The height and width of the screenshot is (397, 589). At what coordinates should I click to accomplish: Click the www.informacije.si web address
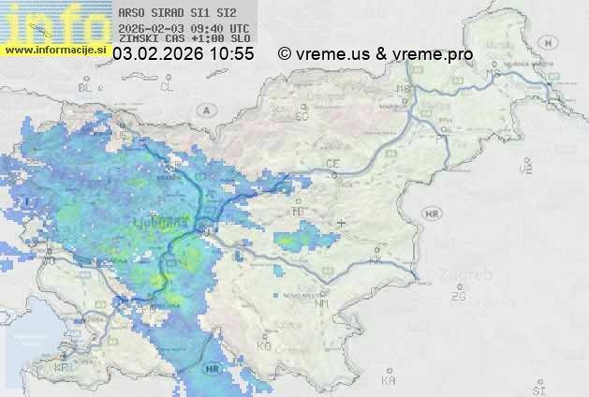[54, 49]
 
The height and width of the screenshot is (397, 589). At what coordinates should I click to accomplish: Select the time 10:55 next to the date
[233, 54]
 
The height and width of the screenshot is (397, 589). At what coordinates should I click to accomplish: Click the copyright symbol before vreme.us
[285, 54]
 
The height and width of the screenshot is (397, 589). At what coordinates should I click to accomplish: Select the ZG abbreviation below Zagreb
[458, 297]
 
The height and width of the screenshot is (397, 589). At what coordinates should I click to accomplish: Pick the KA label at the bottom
[390, 381]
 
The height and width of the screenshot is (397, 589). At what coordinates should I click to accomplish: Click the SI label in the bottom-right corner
[537, 386]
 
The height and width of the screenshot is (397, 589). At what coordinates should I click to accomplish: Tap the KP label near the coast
[62, 368]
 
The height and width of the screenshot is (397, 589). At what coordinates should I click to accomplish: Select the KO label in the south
[264, 346]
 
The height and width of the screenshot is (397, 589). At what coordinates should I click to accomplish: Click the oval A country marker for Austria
[204, 110]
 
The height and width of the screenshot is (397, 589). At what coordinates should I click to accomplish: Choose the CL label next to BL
[167, 87]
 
